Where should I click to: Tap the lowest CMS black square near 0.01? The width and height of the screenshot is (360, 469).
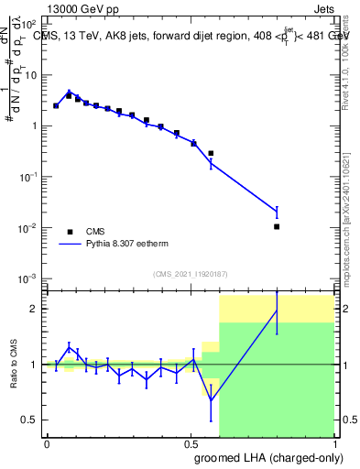click(x=277, y=226)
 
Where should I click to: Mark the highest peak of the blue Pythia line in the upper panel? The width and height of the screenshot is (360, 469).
click(x=69, y=92)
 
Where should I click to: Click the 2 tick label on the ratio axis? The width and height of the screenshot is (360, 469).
click(x=35, y=309)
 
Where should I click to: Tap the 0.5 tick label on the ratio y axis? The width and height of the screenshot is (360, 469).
click(x=30, y=420)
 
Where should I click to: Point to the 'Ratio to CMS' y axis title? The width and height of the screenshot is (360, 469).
click(x=13, y=365)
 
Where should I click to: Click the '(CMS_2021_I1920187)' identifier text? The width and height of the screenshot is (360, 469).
click(x=190, y=274)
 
